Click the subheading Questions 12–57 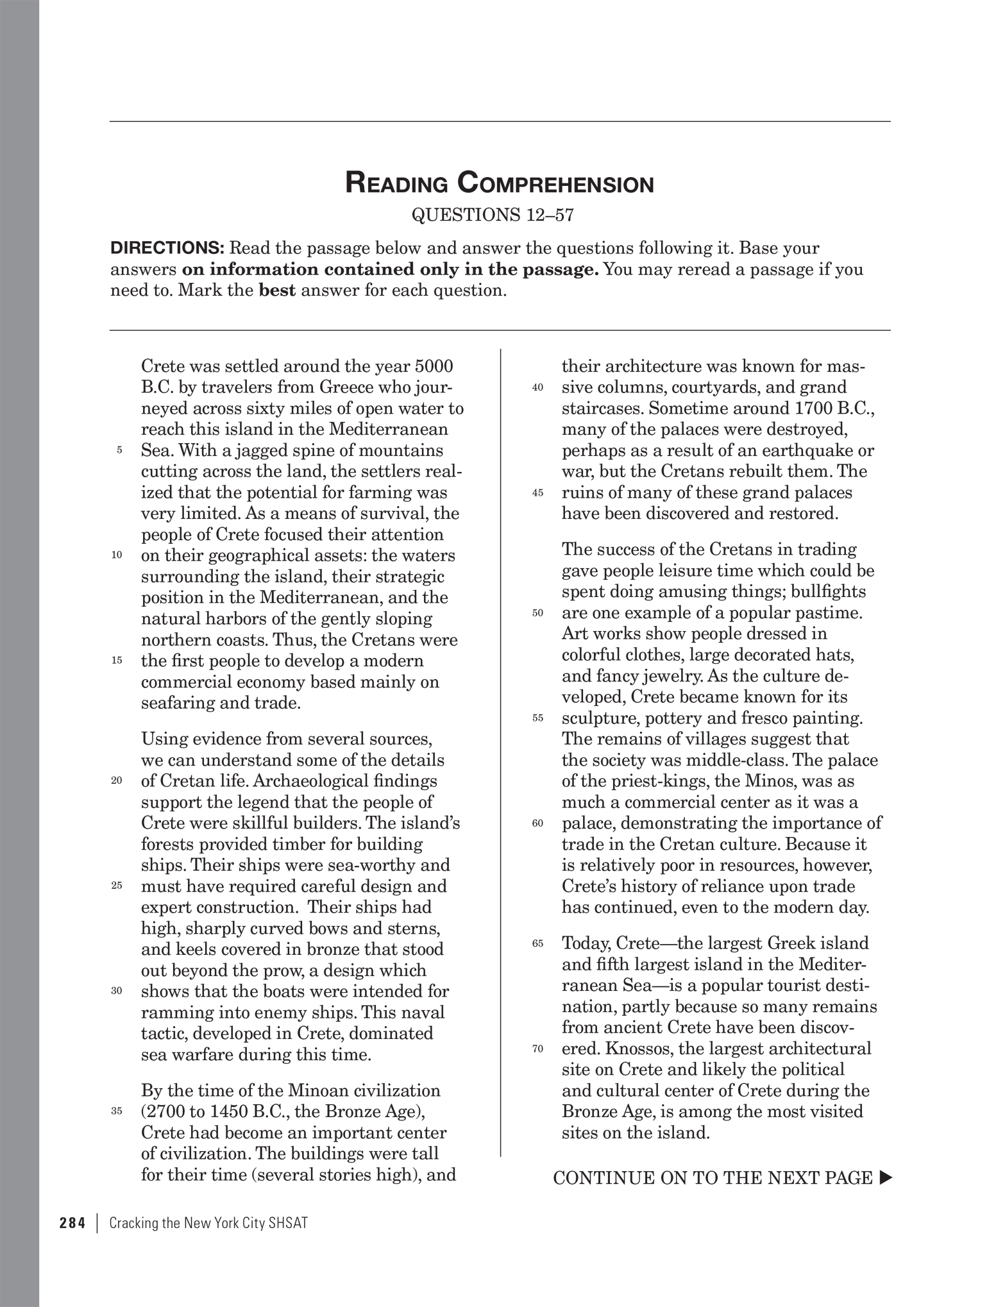[x=491, y=215]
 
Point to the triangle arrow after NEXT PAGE [x=886, y=1178]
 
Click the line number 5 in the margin [x=119, y=451]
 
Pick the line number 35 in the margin [x=117, y=1112]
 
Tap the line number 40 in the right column [x=537, y=388]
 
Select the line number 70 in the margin [x=537, y=1049]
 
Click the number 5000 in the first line [x=434, y=366]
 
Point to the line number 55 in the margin [x=537, y=718]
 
